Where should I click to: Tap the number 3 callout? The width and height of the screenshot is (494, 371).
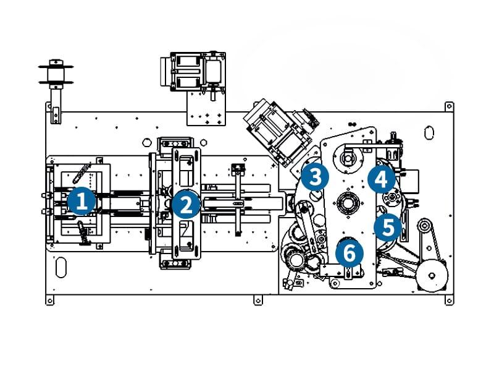(315, 177)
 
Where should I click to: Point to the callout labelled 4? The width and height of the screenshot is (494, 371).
(381, 179)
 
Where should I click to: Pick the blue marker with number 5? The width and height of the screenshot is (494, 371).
(388, 227)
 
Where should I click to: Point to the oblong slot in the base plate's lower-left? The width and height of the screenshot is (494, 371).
(61, 268)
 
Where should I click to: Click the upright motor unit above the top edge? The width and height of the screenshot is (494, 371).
(195, 72)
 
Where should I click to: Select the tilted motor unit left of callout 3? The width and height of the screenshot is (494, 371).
(276, 131)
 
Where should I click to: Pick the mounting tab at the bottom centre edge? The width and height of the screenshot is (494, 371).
(257, 301)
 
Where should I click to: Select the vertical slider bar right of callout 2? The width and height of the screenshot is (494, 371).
(237, 198)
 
